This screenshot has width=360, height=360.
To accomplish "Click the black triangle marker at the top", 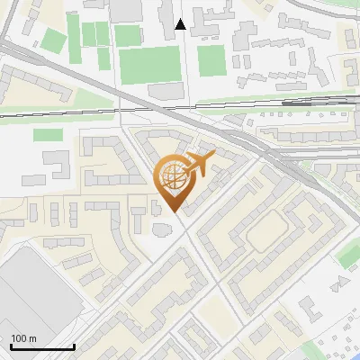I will coord(181,24).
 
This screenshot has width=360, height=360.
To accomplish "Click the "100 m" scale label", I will coord(23,338).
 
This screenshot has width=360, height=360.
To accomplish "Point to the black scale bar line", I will coord(42,346).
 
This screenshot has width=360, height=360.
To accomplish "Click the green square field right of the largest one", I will coord(211,60).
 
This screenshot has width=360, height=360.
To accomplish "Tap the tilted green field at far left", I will coord(55,41).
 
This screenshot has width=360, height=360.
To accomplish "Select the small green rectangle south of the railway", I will coord(48,134).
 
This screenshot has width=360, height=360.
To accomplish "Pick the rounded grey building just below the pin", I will coord(162,229).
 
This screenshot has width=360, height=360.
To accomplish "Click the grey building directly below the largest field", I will coord(166,92).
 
